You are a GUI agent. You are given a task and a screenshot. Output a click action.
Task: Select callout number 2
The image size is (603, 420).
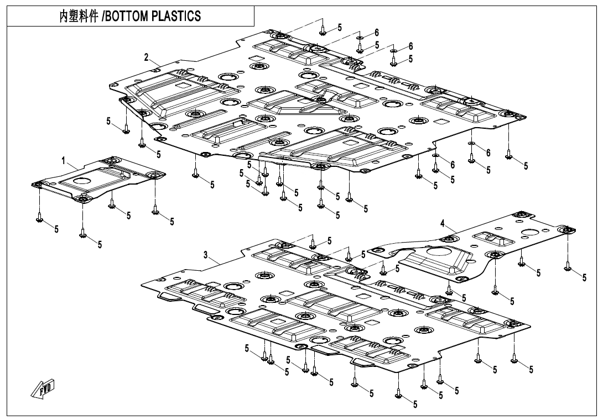[x=147, y=57]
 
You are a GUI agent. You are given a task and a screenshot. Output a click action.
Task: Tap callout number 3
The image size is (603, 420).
[x=206, y=255]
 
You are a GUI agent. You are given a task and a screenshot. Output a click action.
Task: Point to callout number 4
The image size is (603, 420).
[x=443, y=223]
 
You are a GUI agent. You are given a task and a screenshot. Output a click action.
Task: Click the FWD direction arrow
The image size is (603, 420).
[x=43, y=390]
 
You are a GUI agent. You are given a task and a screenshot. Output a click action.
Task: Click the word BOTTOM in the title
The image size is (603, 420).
[x=127, y=17]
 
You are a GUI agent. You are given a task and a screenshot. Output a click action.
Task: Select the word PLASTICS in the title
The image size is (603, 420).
[x=176, y=17]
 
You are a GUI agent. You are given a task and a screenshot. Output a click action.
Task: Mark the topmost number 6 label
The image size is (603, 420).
[x=377, y=33]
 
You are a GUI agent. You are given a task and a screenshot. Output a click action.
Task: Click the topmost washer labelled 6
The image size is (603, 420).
[x=359, y=38]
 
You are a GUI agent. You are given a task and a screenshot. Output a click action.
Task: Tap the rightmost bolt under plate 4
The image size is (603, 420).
[x=568, y=267]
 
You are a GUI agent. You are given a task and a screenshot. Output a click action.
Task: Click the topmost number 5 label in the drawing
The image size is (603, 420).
[x=339, y=27]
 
